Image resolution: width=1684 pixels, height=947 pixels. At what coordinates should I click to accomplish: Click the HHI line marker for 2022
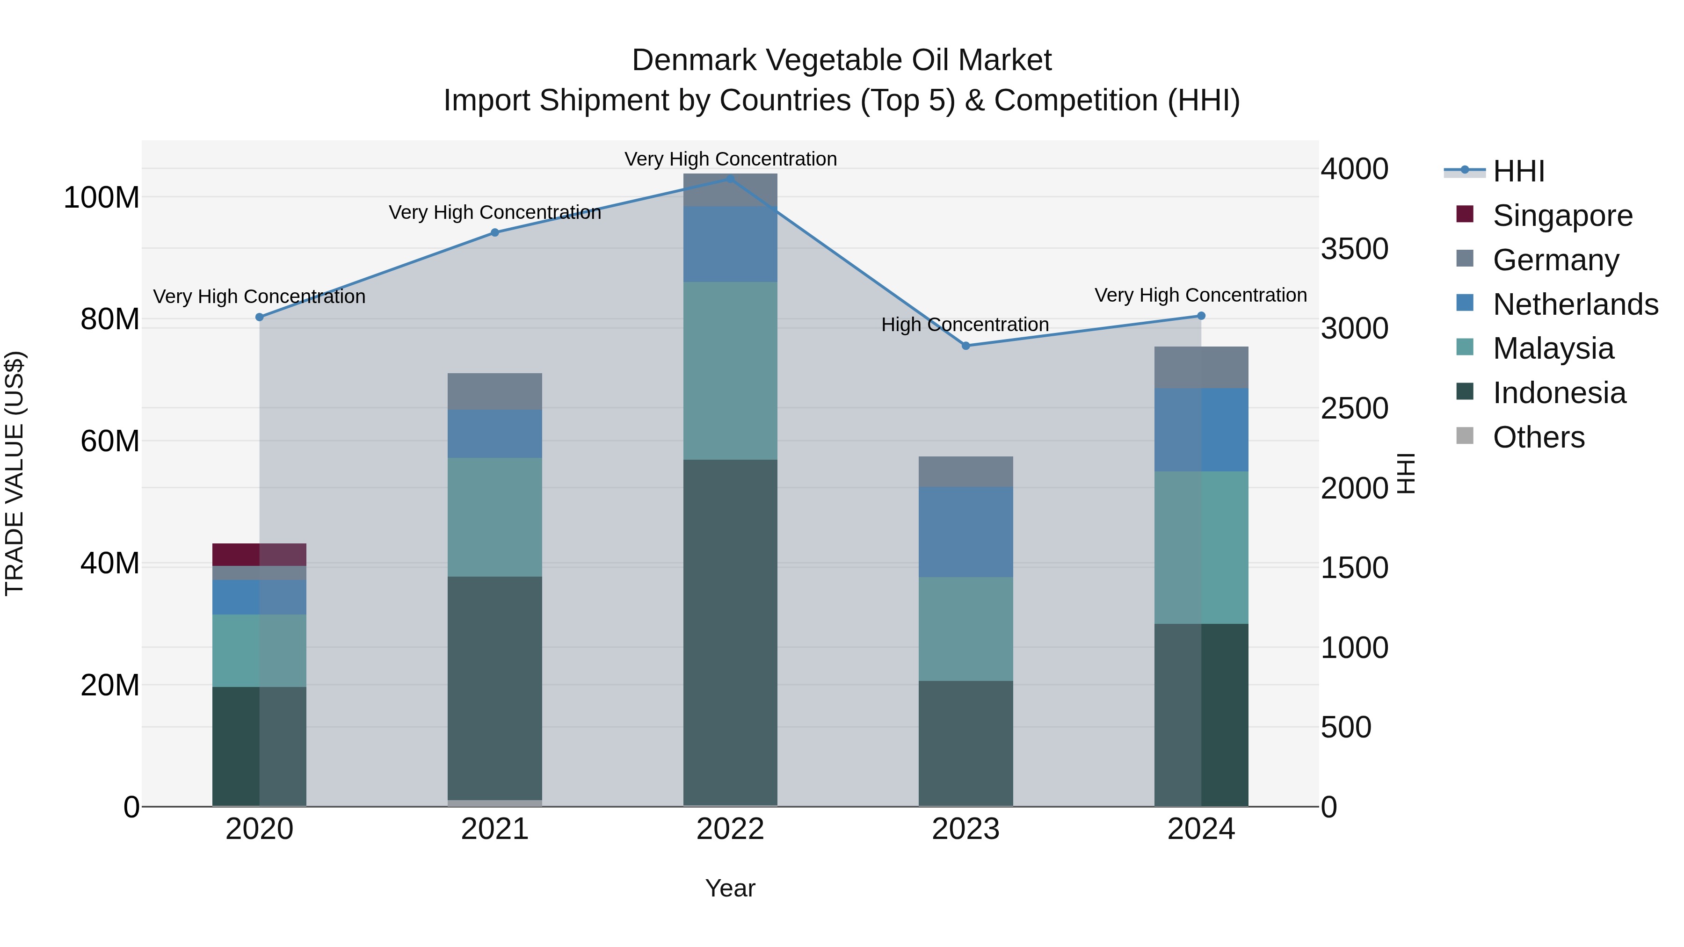tap(730, 179)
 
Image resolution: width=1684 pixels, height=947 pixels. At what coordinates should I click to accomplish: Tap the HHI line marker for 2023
tap(965, 346)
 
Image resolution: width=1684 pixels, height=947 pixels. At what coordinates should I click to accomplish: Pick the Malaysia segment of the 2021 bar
tap(495, 517)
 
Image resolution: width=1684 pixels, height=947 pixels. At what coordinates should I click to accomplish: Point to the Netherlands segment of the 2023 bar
tap(965, 532)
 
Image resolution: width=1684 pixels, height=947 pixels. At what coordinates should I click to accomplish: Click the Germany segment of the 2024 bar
tap(1201, 367)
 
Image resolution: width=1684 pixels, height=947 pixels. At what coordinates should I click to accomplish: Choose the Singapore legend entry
tap(1562, 216)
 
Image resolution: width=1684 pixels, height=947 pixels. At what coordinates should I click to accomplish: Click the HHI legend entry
tap(1518, 171)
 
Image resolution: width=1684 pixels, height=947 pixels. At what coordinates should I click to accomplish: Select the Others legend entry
tap(1538, 437)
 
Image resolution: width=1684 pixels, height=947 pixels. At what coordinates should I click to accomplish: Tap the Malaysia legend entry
tap(1553, 348)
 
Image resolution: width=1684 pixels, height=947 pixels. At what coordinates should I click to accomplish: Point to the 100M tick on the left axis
tap(102, 197)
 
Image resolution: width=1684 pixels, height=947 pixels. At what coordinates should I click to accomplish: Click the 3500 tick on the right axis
tap(1354, 249)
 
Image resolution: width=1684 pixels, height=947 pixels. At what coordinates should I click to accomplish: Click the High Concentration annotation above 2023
tap(965, 325)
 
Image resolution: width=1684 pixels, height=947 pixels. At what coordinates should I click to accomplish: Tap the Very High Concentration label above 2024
tap(1200, 296)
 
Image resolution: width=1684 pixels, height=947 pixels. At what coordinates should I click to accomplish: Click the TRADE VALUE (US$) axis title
tap(15, 473)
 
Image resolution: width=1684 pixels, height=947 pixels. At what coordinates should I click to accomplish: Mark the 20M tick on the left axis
tap(110, 686)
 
